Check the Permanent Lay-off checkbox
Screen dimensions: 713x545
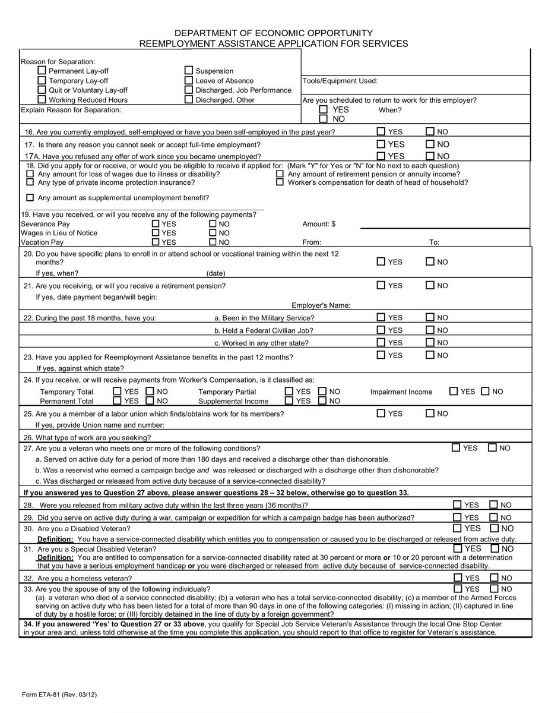pos(42,71)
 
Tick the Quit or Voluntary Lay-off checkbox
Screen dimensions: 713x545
pos(42,90)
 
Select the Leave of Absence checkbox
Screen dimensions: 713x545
pos(189,80)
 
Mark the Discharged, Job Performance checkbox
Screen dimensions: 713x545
pos(189,90)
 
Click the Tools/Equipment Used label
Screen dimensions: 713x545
pos(340,81)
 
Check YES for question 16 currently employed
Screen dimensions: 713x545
pos(381,131)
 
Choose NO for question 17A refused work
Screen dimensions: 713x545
pos(430,156)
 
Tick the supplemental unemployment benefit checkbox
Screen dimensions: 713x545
pos(30,197)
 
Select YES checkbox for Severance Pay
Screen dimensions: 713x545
pos(156,224)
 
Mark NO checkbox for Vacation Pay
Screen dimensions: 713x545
pos(213,242)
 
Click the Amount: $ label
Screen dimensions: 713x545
pos(319,224)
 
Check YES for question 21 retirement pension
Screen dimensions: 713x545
pos(381,286)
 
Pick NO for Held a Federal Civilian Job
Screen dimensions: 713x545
pos(430,330)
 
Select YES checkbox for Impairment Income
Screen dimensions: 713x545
pos(454,392)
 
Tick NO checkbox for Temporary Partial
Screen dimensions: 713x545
pos(322,392)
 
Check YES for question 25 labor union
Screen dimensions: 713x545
pos(381,414)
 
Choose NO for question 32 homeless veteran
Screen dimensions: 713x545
pos(493,578)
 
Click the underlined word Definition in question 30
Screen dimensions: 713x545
pos(55,539)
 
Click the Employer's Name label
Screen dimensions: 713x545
pos(321,305)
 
